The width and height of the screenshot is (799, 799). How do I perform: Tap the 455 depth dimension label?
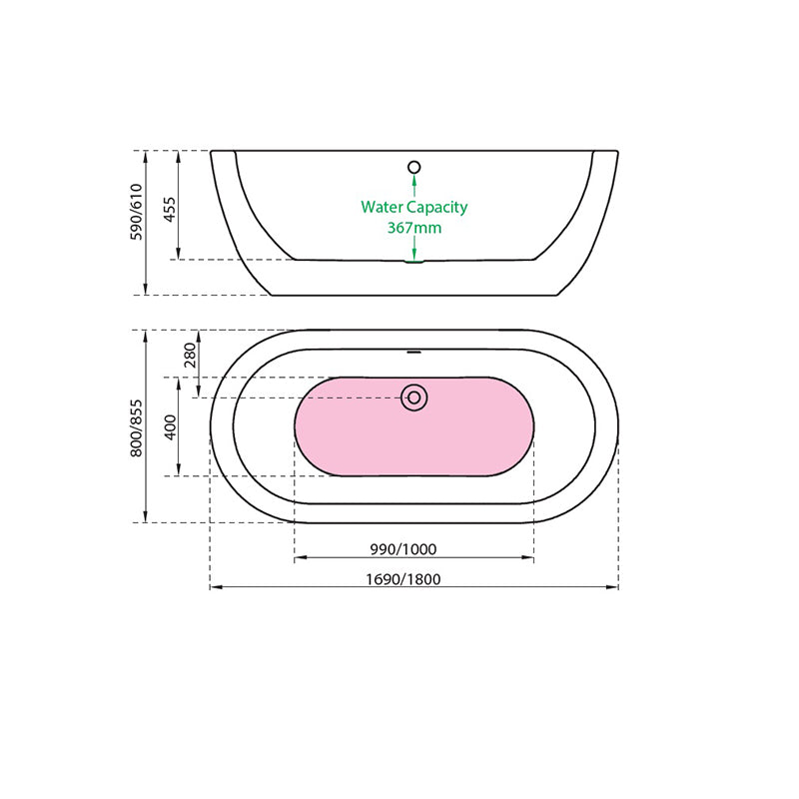click(x=170, y=208)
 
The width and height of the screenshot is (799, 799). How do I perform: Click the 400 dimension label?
click(x=170, y=426)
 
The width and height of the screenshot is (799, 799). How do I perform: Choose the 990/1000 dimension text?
click(x=403, y=549)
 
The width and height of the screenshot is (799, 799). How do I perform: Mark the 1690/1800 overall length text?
click(x=403, y=578)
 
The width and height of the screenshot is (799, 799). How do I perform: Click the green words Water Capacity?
click(x=414, y=207)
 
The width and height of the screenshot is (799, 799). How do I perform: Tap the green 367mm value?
click(x=414, y=228)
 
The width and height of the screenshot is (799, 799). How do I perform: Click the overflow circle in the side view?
click(x=414, y=168)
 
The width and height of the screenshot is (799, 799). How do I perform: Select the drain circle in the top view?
click(x=414, y=398)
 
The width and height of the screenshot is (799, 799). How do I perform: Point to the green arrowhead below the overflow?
click(x=414, y=181)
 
